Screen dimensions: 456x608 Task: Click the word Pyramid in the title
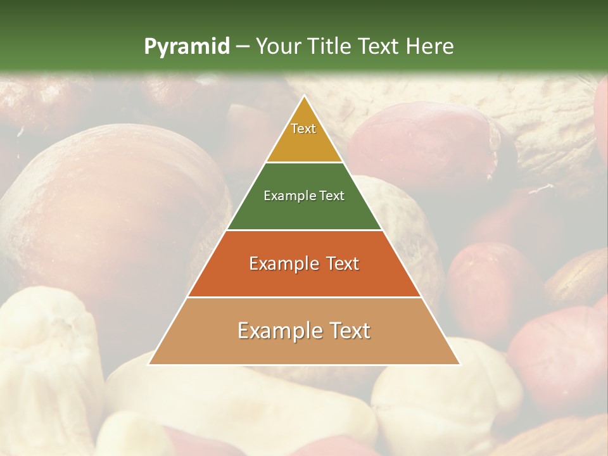click(x=186, y=47)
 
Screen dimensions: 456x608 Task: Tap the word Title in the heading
click(x=329, y=46)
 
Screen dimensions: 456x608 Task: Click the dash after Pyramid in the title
click(x=243, y=47)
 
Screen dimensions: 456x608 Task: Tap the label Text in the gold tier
click(x=303, y=129)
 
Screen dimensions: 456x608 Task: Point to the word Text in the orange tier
click(x=338, y=263)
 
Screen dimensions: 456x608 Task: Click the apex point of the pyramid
click(x=304, y=97)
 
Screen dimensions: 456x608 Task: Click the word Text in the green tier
click(x=331, y=196)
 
